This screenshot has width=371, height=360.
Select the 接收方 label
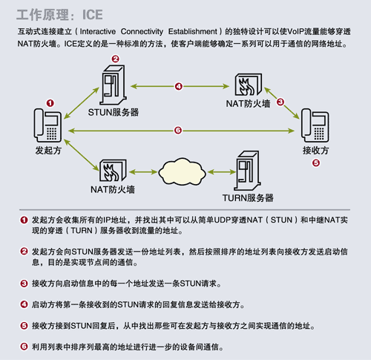click(x=316, y=148)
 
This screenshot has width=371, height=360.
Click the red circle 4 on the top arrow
click(x=179, y=86)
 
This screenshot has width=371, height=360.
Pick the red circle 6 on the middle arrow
click(x=178, y=131)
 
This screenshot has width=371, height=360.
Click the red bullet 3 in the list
click(x=24, y=284)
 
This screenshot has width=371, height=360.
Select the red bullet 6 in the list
click(x=24, y=347)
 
